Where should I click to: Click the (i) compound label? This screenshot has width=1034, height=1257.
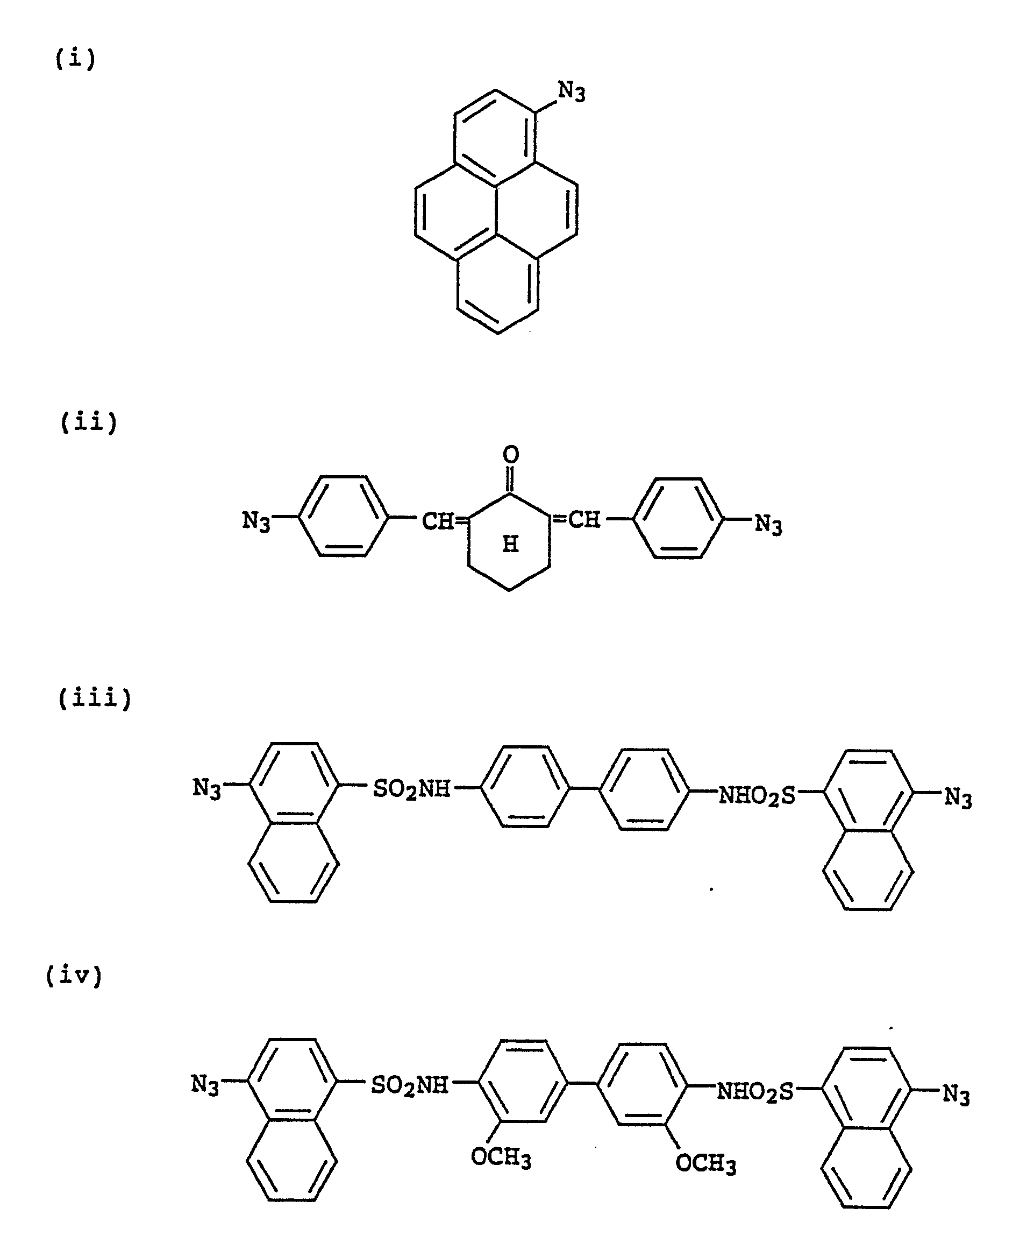tap(76, 59)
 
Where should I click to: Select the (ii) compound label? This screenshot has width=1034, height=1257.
tap(89, 422)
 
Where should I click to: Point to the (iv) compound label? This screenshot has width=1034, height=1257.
tap(74, 976)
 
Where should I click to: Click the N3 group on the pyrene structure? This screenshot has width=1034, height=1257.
tap(571, 93)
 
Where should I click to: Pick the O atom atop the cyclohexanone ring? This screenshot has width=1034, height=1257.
tap(510, 455)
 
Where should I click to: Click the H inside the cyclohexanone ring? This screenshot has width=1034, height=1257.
tap(510, 543)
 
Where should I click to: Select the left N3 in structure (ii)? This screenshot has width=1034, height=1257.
tap(256, 521)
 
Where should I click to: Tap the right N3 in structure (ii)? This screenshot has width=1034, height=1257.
tap(768, 525)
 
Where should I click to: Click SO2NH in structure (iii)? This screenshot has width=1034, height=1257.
tap(411, 790)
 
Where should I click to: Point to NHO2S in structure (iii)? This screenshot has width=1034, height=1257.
tap(757, 796)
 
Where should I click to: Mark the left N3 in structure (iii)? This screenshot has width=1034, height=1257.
tap(206, 788)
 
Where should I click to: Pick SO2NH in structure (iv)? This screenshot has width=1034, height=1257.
tap(409, 1085)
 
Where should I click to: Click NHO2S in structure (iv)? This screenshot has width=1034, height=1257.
tap(755, 1092)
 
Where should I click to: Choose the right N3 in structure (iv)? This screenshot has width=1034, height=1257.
tap(956, 1095)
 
